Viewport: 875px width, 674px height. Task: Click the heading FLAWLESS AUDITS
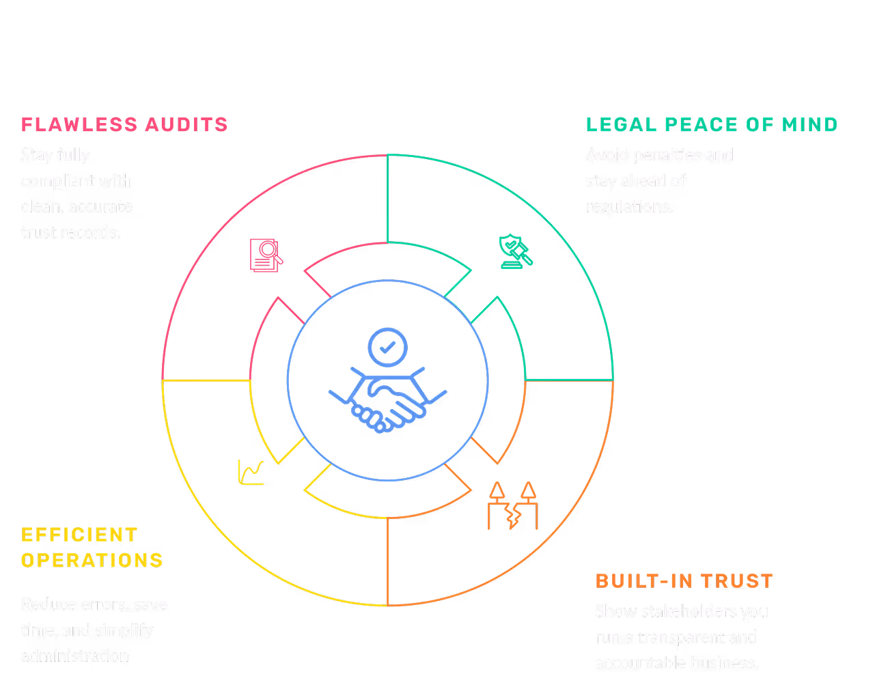(124, 125)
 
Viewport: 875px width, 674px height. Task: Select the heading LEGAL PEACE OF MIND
(711, 125)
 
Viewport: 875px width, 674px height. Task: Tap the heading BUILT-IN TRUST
(684, 581)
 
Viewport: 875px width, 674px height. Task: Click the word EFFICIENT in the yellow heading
(79, 535)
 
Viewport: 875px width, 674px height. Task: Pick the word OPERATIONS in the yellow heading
(92, 561)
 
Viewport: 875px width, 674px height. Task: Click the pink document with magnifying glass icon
(266, 255)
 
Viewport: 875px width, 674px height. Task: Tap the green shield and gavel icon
(515, 251)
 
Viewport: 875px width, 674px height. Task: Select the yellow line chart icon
(251, 473)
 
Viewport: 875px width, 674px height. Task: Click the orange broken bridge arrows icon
(512, 506)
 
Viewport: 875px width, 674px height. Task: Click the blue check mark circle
(387, 348)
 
